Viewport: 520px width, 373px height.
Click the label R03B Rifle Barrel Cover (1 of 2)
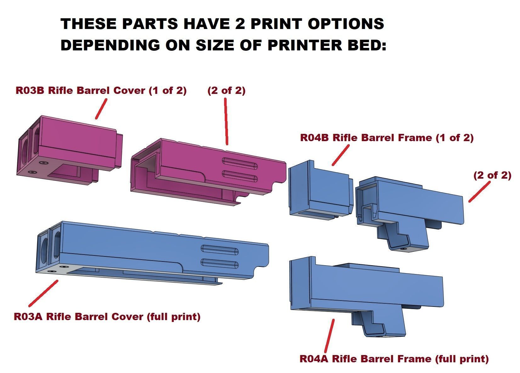[x=101, y=91]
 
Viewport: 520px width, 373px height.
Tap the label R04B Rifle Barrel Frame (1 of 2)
[x=387, y=138]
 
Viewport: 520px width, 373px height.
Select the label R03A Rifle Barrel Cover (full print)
[x=107, y=316]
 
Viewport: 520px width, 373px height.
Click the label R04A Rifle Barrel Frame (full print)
[x=394, y=359]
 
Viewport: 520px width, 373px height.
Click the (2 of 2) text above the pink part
[x=226, y=91]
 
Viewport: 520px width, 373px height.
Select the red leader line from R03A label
[x=43, y=293]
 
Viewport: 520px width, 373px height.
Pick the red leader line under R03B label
[x=101, y=109]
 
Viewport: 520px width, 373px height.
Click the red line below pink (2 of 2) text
[x=226, y=121]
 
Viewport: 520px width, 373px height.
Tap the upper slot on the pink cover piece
[x=240, y=161]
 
